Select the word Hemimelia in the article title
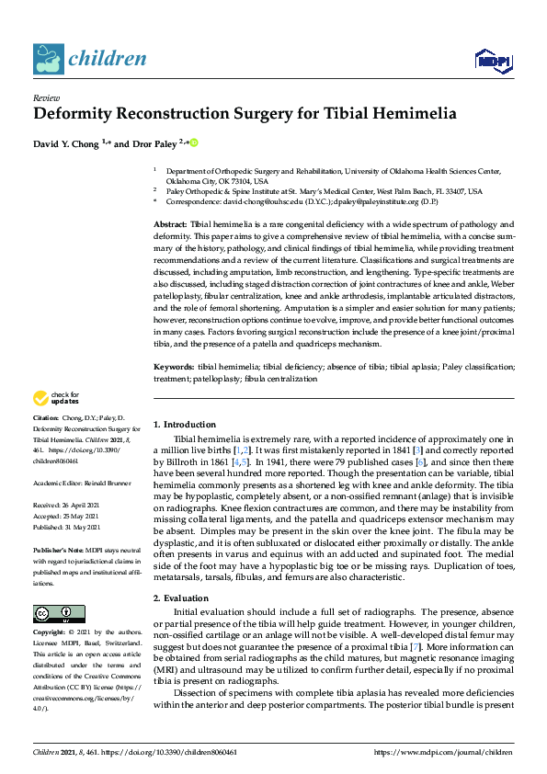tap(410, 115)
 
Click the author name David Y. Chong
tap(66, 143)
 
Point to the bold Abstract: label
tap(170, 224)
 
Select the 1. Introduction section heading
tap(185, 425)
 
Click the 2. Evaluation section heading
tap(180, 573)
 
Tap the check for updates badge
tap(54, 398)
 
